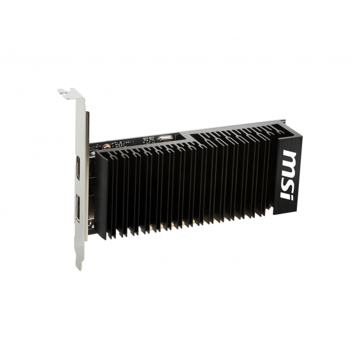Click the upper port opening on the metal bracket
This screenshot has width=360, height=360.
pyautogui.click(x=78, y=168)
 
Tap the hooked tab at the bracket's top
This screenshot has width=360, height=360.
pyautogui.click(x=71, y=94)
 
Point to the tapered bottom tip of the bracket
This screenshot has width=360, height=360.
pyautogui.click(x=79, y=266)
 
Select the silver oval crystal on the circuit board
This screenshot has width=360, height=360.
pyautogui.click(x=165, y=138)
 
